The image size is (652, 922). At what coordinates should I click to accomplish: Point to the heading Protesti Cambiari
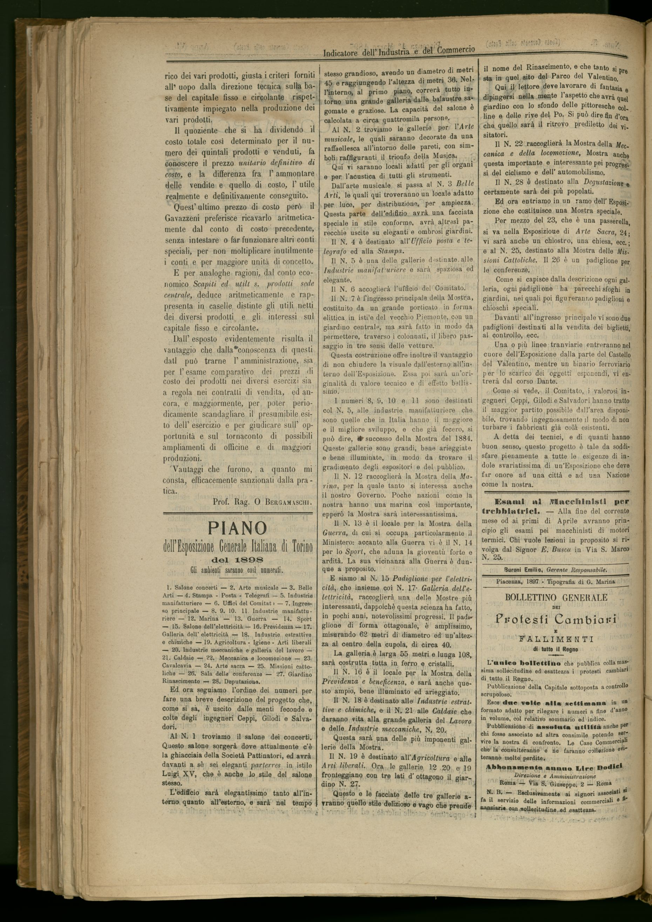click(x=555, y=619)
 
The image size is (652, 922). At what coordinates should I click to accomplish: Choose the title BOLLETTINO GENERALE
click(x=556, y=597)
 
